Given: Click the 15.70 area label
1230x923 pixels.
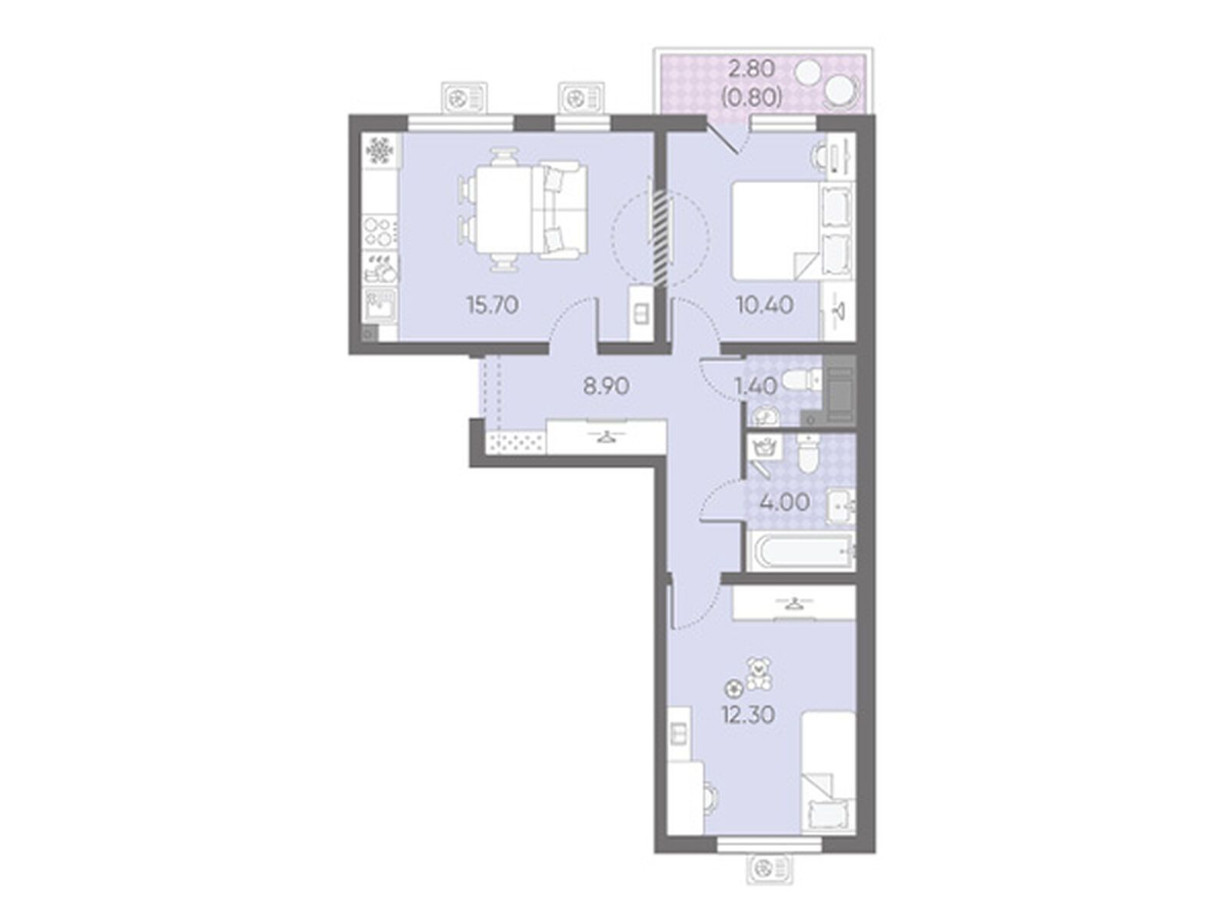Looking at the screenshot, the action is click(492, 305).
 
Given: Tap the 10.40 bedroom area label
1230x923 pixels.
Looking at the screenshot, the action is click(764, 305).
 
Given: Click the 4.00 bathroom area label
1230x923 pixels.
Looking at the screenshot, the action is click(785, 503).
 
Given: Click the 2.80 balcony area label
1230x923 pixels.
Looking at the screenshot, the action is click(751, 69).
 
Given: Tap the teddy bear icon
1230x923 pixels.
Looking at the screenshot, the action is click(758, 673).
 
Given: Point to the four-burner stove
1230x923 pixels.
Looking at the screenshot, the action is click(380, 232).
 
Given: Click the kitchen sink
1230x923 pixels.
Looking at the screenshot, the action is click(380, 305).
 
